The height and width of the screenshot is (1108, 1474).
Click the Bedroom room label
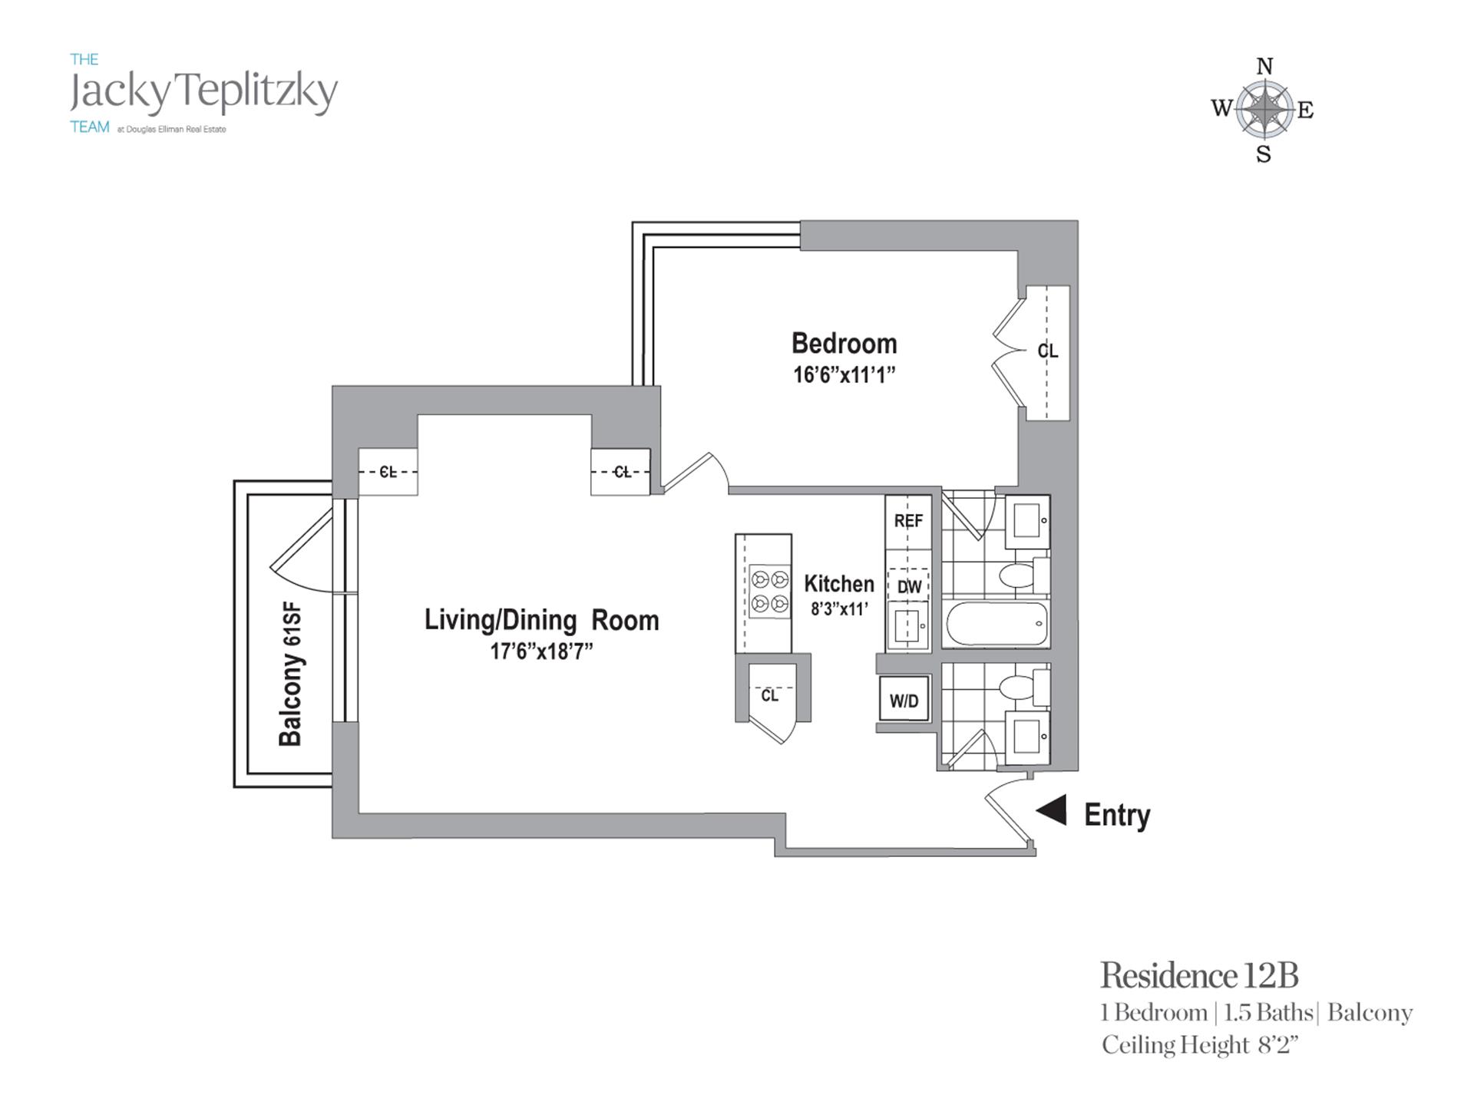coord(844,343)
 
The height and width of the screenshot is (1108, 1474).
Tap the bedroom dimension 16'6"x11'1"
coord(844,375)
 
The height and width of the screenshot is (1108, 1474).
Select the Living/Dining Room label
coord(541,620)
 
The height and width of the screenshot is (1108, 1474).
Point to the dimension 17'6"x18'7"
coord(541,652)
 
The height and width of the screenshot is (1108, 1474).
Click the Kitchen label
coord(839,584)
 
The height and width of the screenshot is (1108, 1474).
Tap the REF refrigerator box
coord(908,522)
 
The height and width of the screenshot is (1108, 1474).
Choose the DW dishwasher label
coord(909,588)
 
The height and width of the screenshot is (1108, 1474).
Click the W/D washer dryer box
coord(904,699)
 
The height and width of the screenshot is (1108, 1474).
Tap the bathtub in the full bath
coord(996,624)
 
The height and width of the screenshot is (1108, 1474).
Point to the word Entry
coord(1117,815)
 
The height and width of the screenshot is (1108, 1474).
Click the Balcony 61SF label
coord(291,674)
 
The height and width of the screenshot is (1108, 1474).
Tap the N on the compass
coord(1264,67)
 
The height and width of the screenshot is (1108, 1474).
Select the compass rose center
coord(1264,110)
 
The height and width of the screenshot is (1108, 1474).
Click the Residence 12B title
coord(1199,976)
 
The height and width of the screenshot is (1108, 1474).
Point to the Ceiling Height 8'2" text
coord(1199,1045)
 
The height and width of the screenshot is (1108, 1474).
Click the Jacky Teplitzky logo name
coord(203,93)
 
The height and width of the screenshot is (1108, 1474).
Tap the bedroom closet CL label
coord(1047,351)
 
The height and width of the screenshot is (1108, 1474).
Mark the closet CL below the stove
coord(769,695)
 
